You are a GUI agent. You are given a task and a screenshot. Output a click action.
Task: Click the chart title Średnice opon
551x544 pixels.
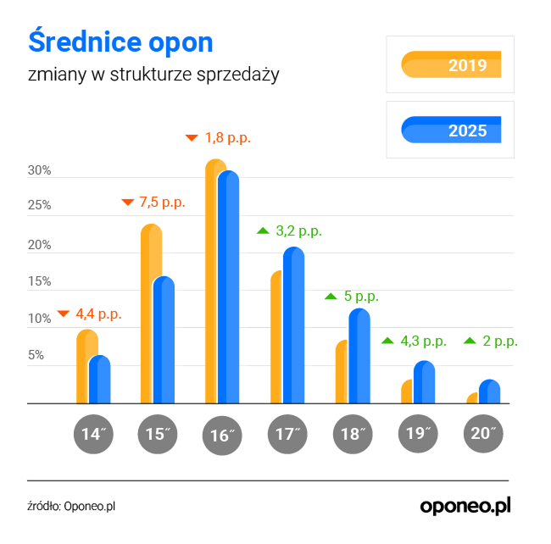click(x=121, y=42)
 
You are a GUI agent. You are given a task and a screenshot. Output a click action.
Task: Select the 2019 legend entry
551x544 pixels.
click(x=450, y=64)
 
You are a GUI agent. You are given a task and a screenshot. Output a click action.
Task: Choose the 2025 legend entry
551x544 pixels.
click(x=450, y=130)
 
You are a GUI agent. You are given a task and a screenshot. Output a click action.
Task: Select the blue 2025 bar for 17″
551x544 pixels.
click(x=292, y=326)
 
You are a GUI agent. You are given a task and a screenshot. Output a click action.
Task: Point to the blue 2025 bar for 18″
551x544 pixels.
click(x=359, y=357)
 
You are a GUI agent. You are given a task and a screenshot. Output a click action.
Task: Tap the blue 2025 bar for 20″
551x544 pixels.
click(x=489, y=391)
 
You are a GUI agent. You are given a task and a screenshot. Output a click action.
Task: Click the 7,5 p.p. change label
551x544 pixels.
click(x=161, y=202)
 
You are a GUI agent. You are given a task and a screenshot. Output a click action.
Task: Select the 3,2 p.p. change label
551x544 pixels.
click(x=298, y=230)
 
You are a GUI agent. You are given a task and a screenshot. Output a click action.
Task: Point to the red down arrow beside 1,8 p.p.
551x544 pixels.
click(x=191, y=136)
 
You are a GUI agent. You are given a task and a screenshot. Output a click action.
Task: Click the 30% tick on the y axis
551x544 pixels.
click(x=40, y=171)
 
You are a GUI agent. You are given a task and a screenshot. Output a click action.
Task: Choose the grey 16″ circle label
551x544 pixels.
click(x=220, y=435)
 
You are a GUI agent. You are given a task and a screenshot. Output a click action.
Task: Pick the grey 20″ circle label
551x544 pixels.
click(x=483, y=434)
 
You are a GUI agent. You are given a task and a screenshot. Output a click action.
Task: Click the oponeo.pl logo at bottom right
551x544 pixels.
click(x=466, y=505)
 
